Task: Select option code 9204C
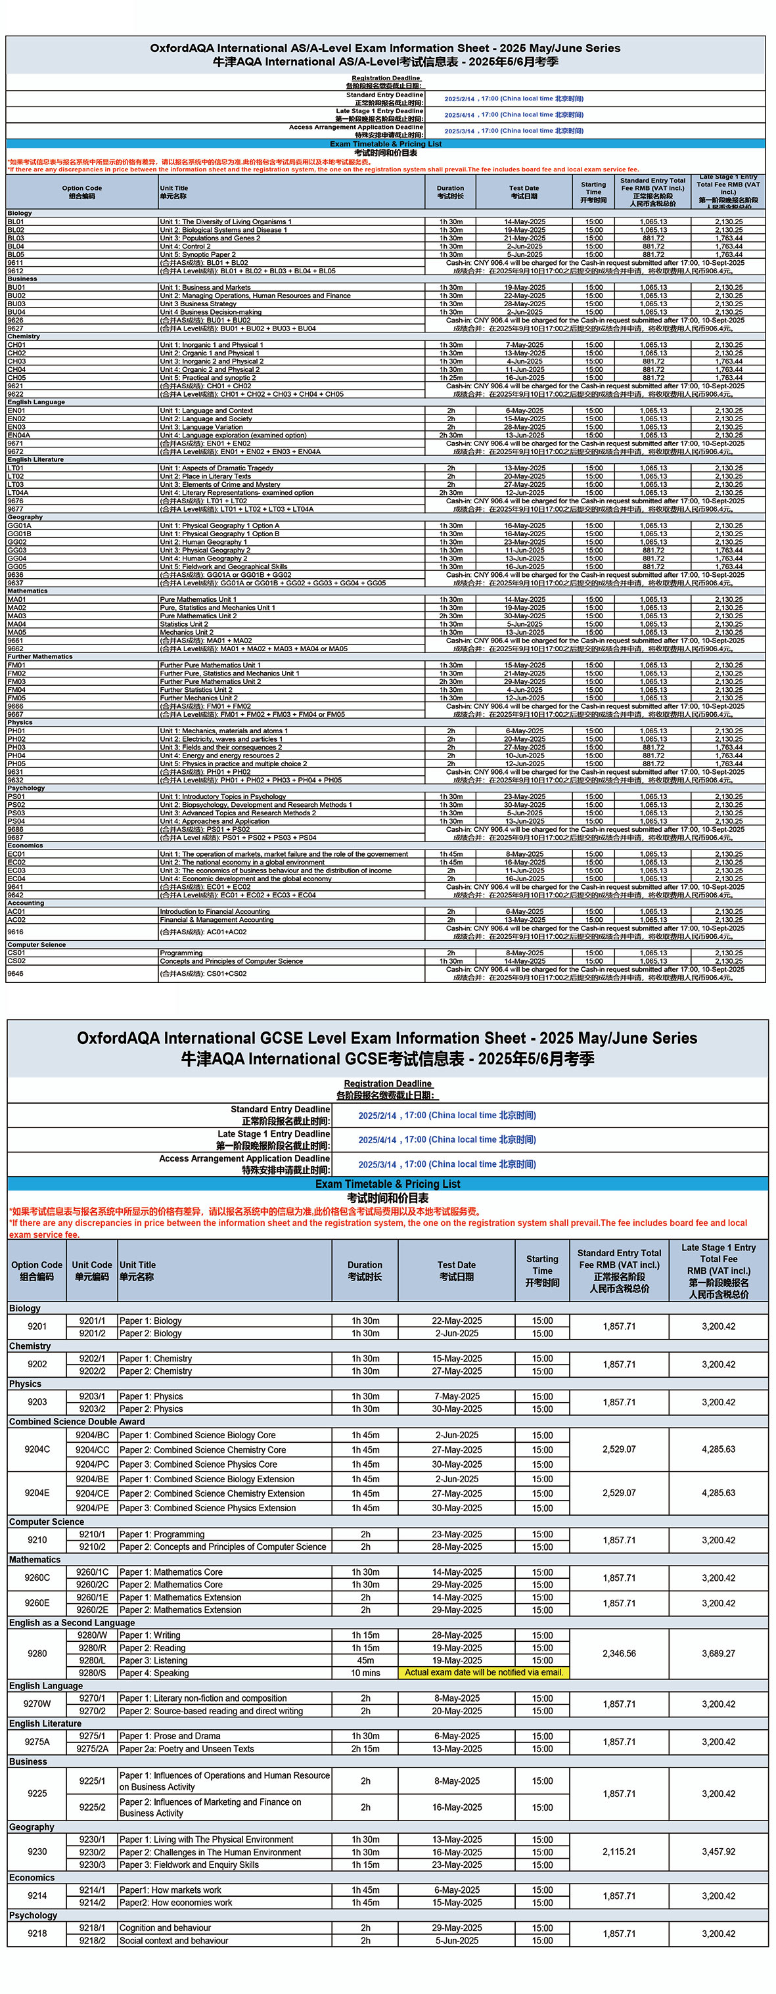(37, 1449)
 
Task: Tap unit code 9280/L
(92, 1660)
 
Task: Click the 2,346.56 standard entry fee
(619, 1654)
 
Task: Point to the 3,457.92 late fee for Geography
(718, 1851)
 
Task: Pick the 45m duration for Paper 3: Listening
(365, 1660)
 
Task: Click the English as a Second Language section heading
(72, 1622)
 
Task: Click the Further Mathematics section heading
(40, 656)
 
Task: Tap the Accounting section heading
(27, 903)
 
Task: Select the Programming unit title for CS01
(181, 953)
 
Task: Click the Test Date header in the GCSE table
(456, 1270)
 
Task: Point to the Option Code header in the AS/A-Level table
(82, 192)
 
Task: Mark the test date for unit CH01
(524, 345)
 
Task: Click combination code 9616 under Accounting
(16, 932)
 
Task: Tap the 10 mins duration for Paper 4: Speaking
(365, 1673)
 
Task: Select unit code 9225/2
(92, 1807)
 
